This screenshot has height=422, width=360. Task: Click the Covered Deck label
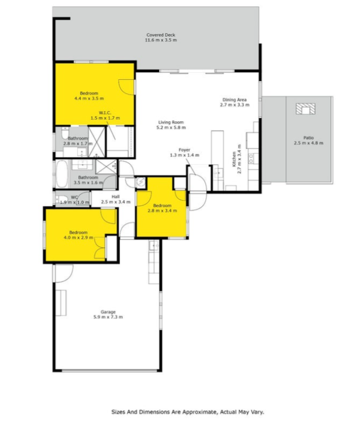coord(161,35)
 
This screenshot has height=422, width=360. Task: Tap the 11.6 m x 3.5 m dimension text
coord(161,40)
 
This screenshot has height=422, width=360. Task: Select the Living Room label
coord(171,122)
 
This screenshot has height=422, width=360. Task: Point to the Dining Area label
coord(235,99)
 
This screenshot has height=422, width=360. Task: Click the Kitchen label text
coord(234,159)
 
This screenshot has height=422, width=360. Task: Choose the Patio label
coord(308,138)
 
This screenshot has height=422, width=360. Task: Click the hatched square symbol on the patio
coord(305,109)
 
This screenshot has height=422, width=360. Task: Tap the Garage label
coord(108,312)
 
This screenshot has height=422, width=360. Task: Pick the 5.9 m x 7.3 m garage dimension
coord(108,317)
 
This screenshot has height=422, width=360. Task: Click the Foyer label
coord(185,150)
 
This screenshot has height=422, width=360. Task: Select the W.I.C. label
coord(105,113)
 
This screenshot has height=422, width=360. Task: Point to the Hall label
coord(115,197)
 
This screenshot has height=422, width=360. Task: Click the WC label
coord(74,197)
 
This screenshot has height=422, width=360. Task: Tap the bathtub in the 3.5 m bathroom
coord(62,174)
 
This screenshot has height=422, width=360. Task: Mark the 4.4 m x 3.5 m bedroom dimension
coord(89,98)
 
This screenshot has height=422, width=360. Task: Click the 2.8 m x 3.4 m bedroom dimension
coord(162,210)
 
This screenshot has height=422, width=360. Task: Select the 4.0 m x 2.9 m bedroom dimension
coord(78,238)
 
